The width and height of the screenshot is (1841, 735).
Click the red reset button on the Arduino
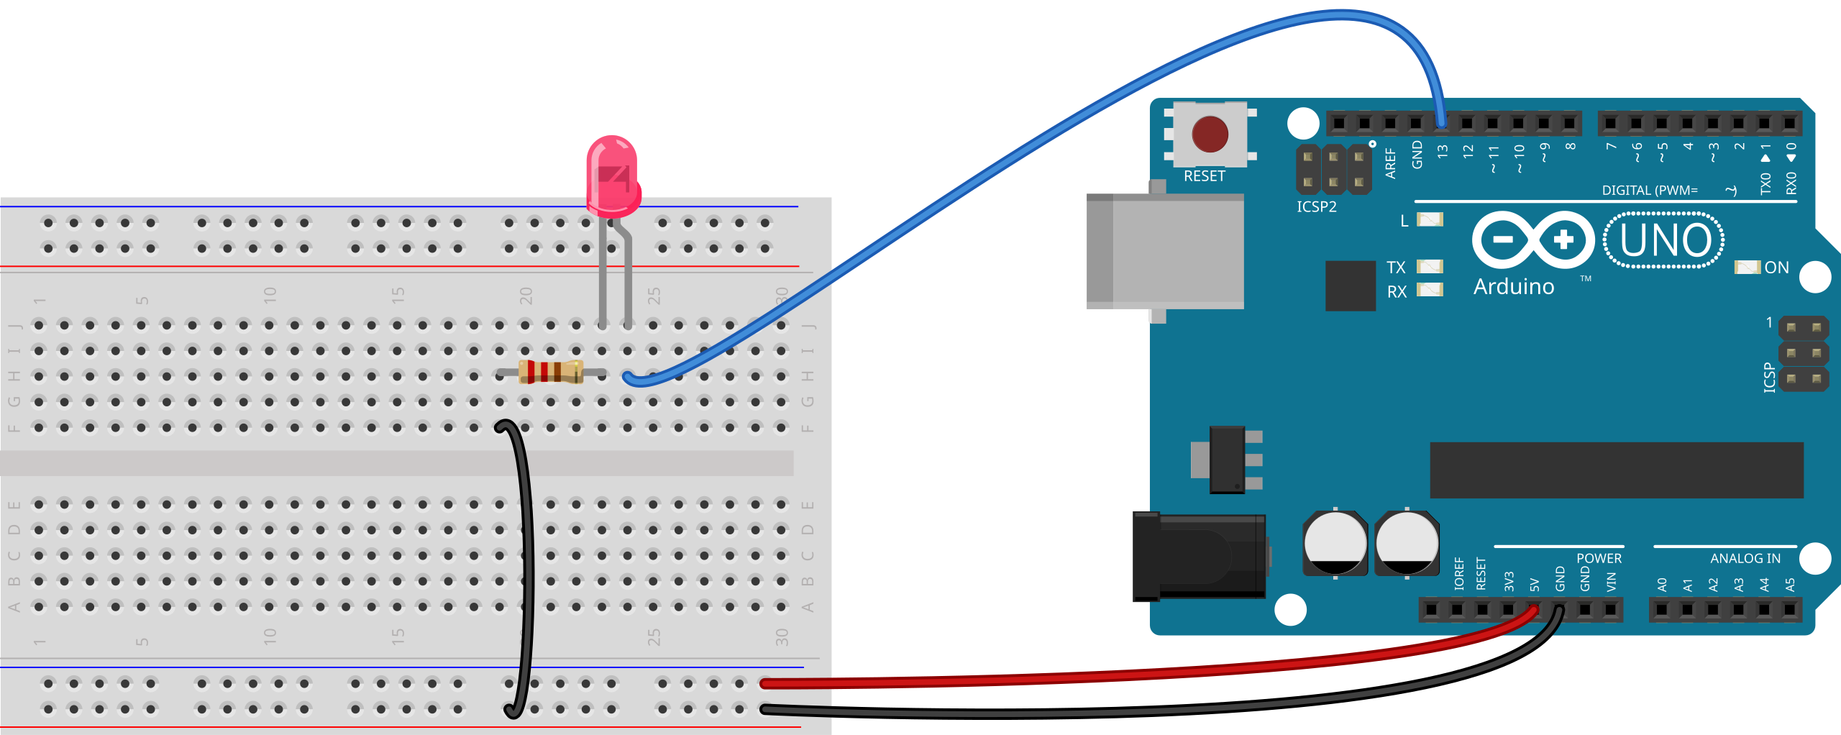(1210, 134)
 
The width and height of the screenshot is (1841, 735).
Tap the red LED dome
(613, 176)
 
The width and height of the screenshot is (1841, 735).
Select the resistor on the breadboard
(551, 372)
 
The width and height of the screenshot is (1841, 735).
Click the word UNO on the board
(1666, 240)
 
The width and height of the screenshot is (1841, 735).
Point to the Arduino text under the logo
(1514, 286)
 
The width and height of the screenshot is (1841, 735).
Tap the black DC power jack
(1199, 557)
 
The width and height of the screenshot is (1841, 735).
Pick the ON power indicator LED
(1748, 268)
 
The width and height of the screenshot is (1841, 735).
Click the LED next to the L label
(1430, 219)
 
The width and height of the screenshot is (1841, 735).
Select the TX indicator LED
(1430, 267)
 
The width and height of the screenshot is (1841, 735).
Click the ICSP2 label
(1317, 207)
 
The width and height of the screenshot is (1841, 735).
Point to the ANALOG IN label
(1745, 559)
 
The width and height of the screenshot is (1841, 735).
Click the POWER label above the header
(1599, 559)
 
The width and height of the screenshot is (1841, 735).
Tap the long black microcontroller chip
(1617, 470)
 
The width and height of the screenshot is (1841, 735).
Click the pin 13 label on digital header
(1443, 152)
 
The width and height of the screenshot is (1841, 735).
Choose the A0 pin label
(1662, 585)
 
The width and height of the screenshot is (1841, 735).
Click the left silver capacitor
(1335, 543)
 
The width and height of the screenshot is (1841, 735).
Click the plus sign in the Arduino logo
(1564, 240)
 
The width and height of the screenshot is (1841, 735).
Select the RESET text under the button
(1205, 176)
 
